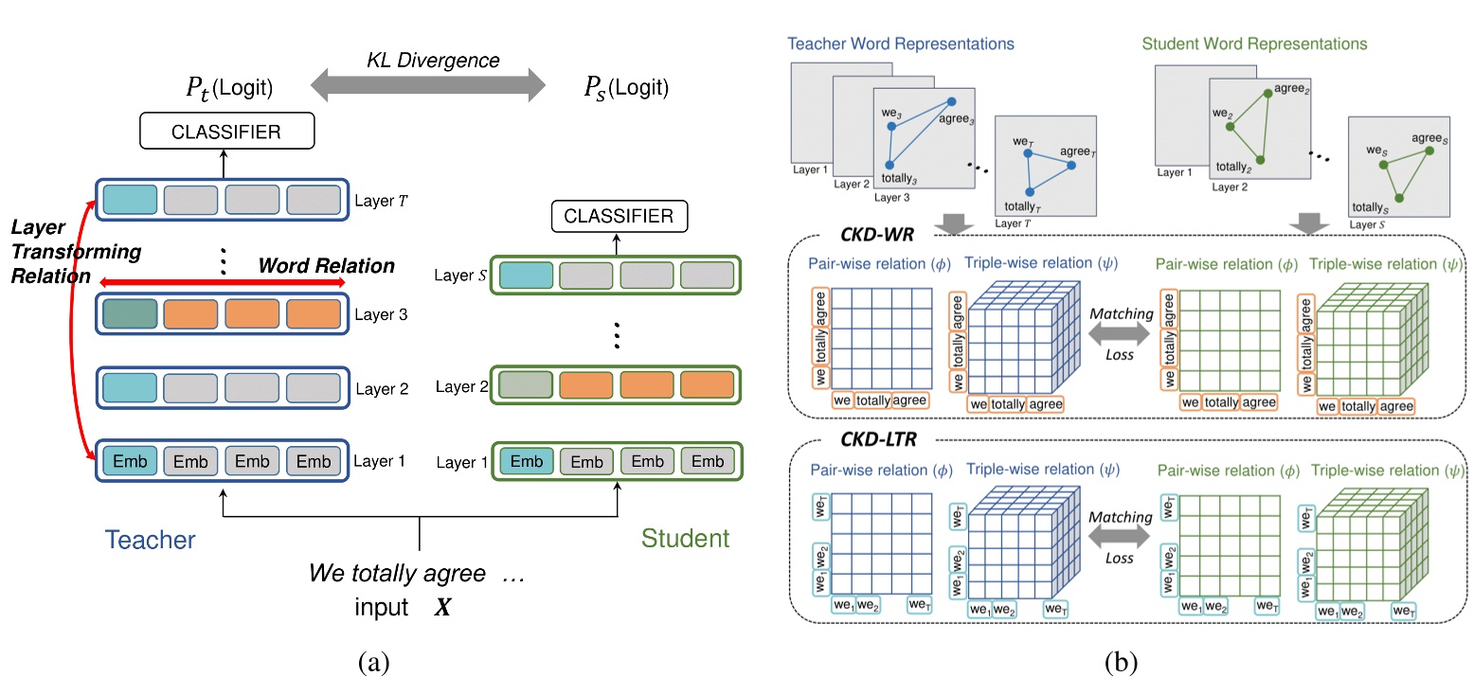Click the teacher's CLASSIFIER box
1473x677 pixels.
pyautogui.click(x=225, y=132)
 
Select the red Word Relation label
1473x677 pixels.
pyautogui.click(x=327, y=266)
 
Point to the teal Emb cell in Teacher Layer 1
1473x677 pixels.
pyautogui.click(x=130, y=461)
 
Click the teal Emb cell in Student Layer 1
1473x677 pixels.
pyautogui.click(x=527, y=461)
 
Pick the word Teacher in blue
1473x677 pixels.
pyautogui.click(x=150, y=540)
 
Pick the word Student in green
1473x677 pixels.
pyautogui.click(x=685, y=539)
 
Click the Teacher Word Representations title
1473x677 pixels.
pyautogui.click(x=900, y=45)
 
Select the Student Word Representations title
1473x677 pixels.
pyautogui.click(x=1254, y=45)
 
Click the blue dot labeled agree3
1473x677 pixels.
pyautogui.click(x=952, y=101)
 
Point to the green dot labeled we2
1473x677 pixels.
pyautogui.click(x=1230, y=126)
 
